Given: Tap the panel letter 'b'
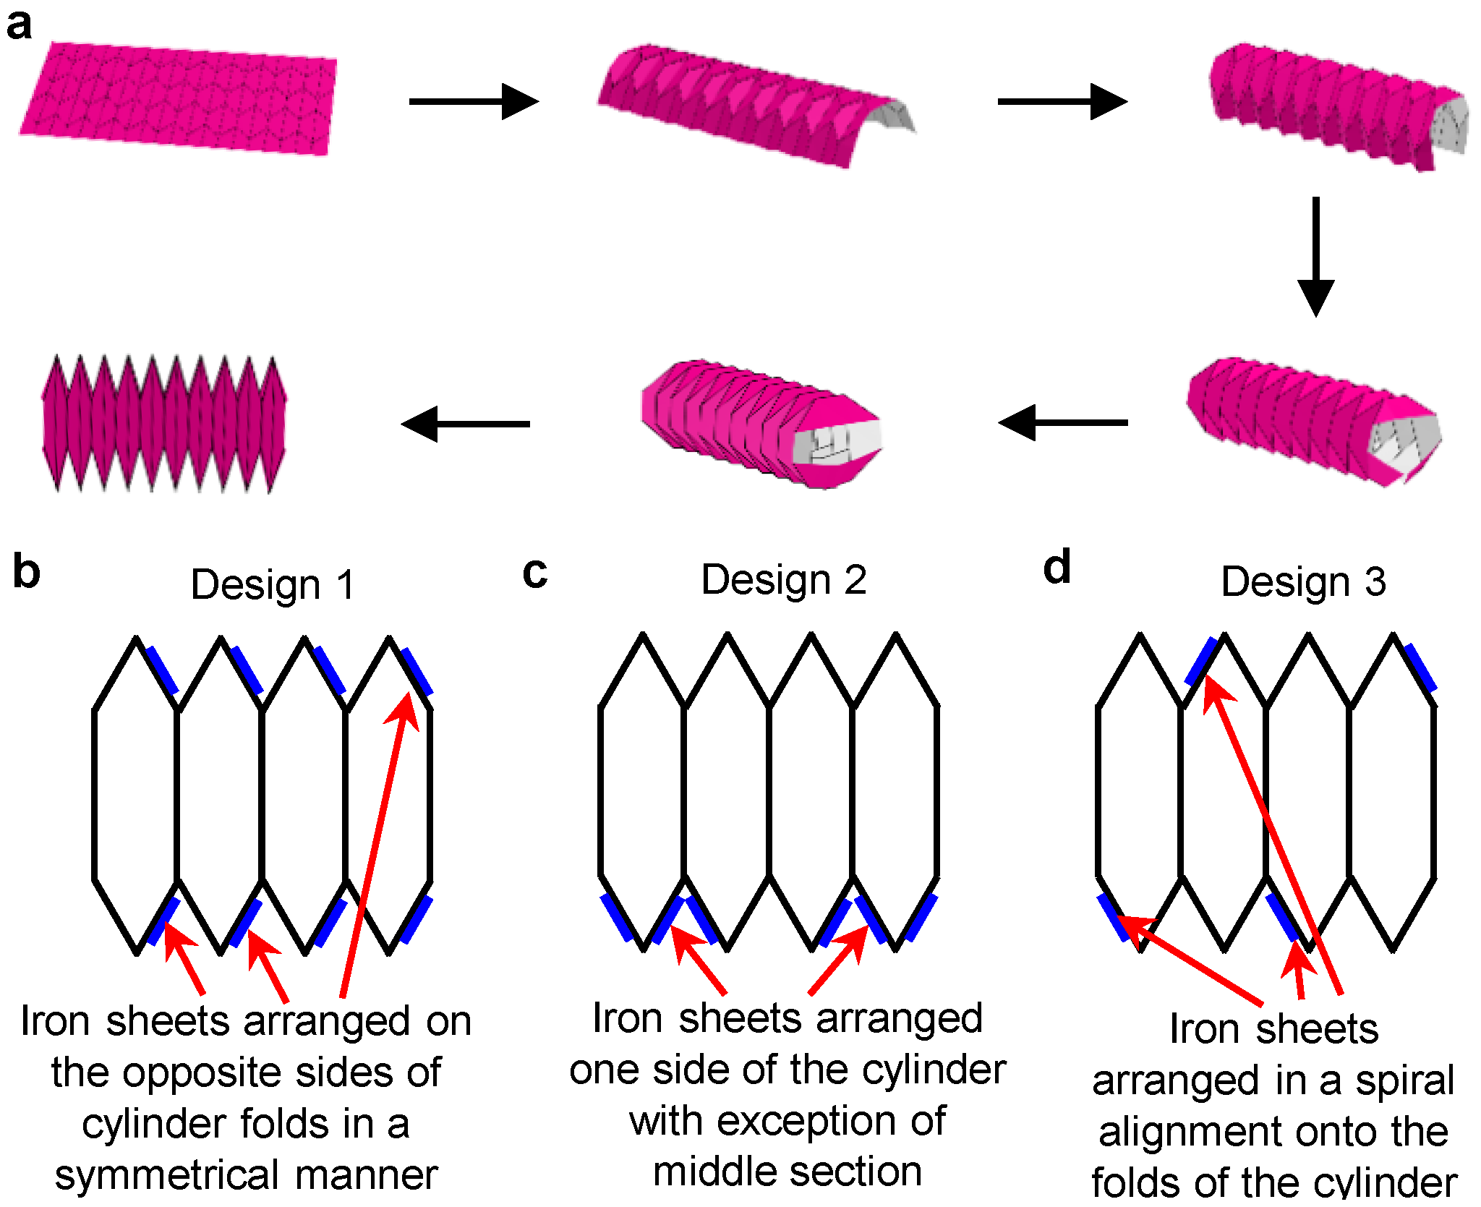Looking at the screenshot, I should tap(27, 572).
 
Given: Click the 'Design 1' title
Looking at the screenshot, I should tap(273, 584).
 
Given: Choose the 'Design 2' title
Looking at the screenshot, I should tap(784, 580).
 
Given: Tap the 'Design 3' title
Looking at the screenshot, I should tap(1303, 582).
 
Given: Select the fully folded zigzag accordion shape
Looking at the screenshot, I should tap(163, 424).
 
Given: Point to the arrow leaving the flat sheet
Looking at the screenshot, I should tap(474, 101).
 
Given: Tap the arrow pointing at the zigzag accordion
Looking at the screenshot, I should tap(466, 424).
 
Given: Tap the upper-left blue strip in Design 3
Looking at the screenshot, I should tap(1201, 661).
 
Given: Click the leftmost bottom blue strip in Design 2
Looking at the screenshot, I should tap(617, 917).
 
